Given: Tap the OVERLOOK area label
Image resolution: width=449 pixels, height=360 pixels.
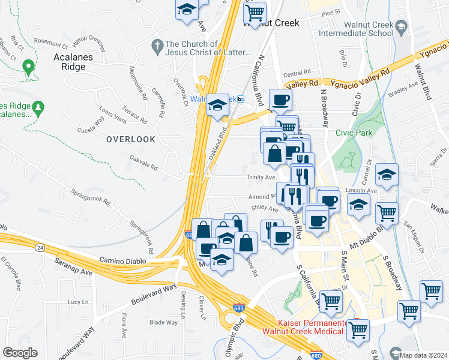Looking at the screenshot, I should (x=131, y=139).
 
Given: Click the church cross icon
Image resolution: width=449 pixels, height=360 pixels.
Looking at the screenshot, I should (x=157, y=45).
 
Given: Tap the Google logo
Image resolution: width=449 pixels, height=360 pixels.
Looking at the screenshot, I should (x=20, y=353).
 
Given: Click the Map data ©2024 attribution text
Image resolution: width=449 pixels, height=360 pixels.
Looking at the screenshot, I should (x=423, y=355).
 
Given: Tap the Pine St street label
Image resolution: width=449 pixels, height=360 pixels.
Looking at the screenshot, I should (x=331, y=12).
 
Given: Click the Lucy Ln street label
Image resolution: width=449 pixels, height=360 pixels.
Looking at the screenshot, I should (x=78, y=302).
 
